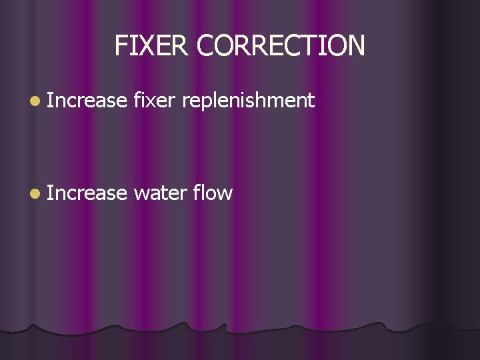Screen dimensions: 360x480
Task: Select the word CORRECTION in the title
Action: (x=281, y=45)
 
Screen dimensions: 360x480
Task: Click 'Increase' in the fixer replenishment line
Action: (x=87, y=101)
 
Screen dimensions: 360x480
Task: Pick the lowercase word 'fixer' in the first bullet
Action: (x=153, y=101)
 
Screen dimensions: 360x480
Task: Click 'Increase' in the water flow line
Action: (x=87, y=193)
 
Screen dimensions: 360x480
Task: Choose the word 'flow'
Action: (x=213, y=193)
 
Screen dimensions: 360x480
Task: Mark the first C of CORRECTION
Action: (x=206, y=45)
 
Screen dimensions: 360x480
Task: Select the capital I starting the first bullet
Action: (x=50, y=101)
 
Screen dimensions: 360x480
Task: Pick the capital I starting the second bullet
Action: (x=50, y=193)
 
